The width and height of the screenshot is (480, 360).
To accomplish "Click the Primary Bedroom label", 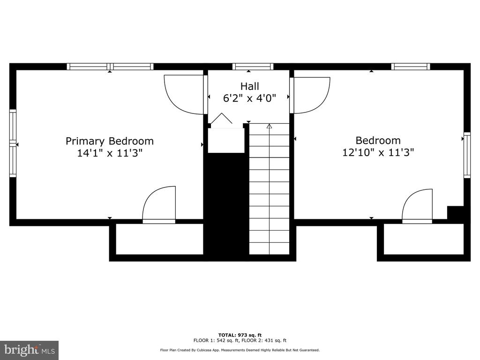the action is [x=110, y=141].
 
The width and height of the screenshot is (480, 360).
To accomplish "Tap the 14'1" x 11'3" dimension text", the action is [x=110, y=153].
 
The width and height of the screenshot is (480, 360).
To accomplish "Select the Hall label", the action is [x=249, y=86].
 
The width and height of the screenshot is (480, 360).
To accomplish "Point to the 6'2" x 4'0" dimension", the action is [x=249, y=98].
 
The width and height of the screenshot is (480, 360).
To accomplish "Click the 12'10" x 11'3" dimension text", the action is [x=378, y=152].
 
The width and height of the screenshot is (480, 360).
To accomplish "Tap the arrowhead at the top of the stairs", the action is [x=270, y=126].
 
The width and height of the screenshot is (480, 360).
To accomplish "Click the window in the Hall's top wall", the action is [x=253, y=67].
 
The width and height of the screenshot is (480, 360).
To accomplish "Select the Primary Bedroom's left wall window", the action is [x=13, y=143].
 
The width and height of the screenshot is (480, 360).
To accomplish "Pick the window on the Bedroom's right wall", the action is [x=467, y=155].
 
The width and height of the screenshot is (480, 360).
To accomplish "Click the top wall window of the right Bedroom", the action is [x=411, y=67].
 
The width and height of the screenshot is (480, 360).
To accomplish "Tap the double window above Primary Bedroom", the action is [x=110, y=67].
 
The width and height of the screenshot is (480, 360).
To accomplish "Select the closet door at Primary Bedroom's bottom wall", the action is [x=159, y=205].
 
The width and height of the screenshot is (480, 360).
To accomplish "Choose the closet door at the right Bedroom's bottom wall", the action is [x=417, y=206].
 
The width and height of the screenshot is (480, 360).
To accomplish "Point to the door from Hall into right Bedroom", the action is [x=310, y=95].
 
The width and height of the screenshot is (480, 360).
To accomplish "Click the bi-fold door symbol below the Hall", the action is [x=222, y=119].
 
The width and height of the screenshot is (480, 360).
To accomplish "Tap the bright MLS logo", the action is [x=30, y=350].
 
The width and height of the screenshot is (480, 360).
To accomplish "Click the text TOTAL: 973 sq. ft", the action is [x=240, y=335].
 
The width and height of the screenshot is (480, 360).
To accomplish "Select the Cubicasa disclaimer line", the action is [x=240, y=350].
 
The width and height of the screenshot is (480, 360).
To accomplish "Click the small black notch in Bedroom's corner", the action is [x=455, y=212].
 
